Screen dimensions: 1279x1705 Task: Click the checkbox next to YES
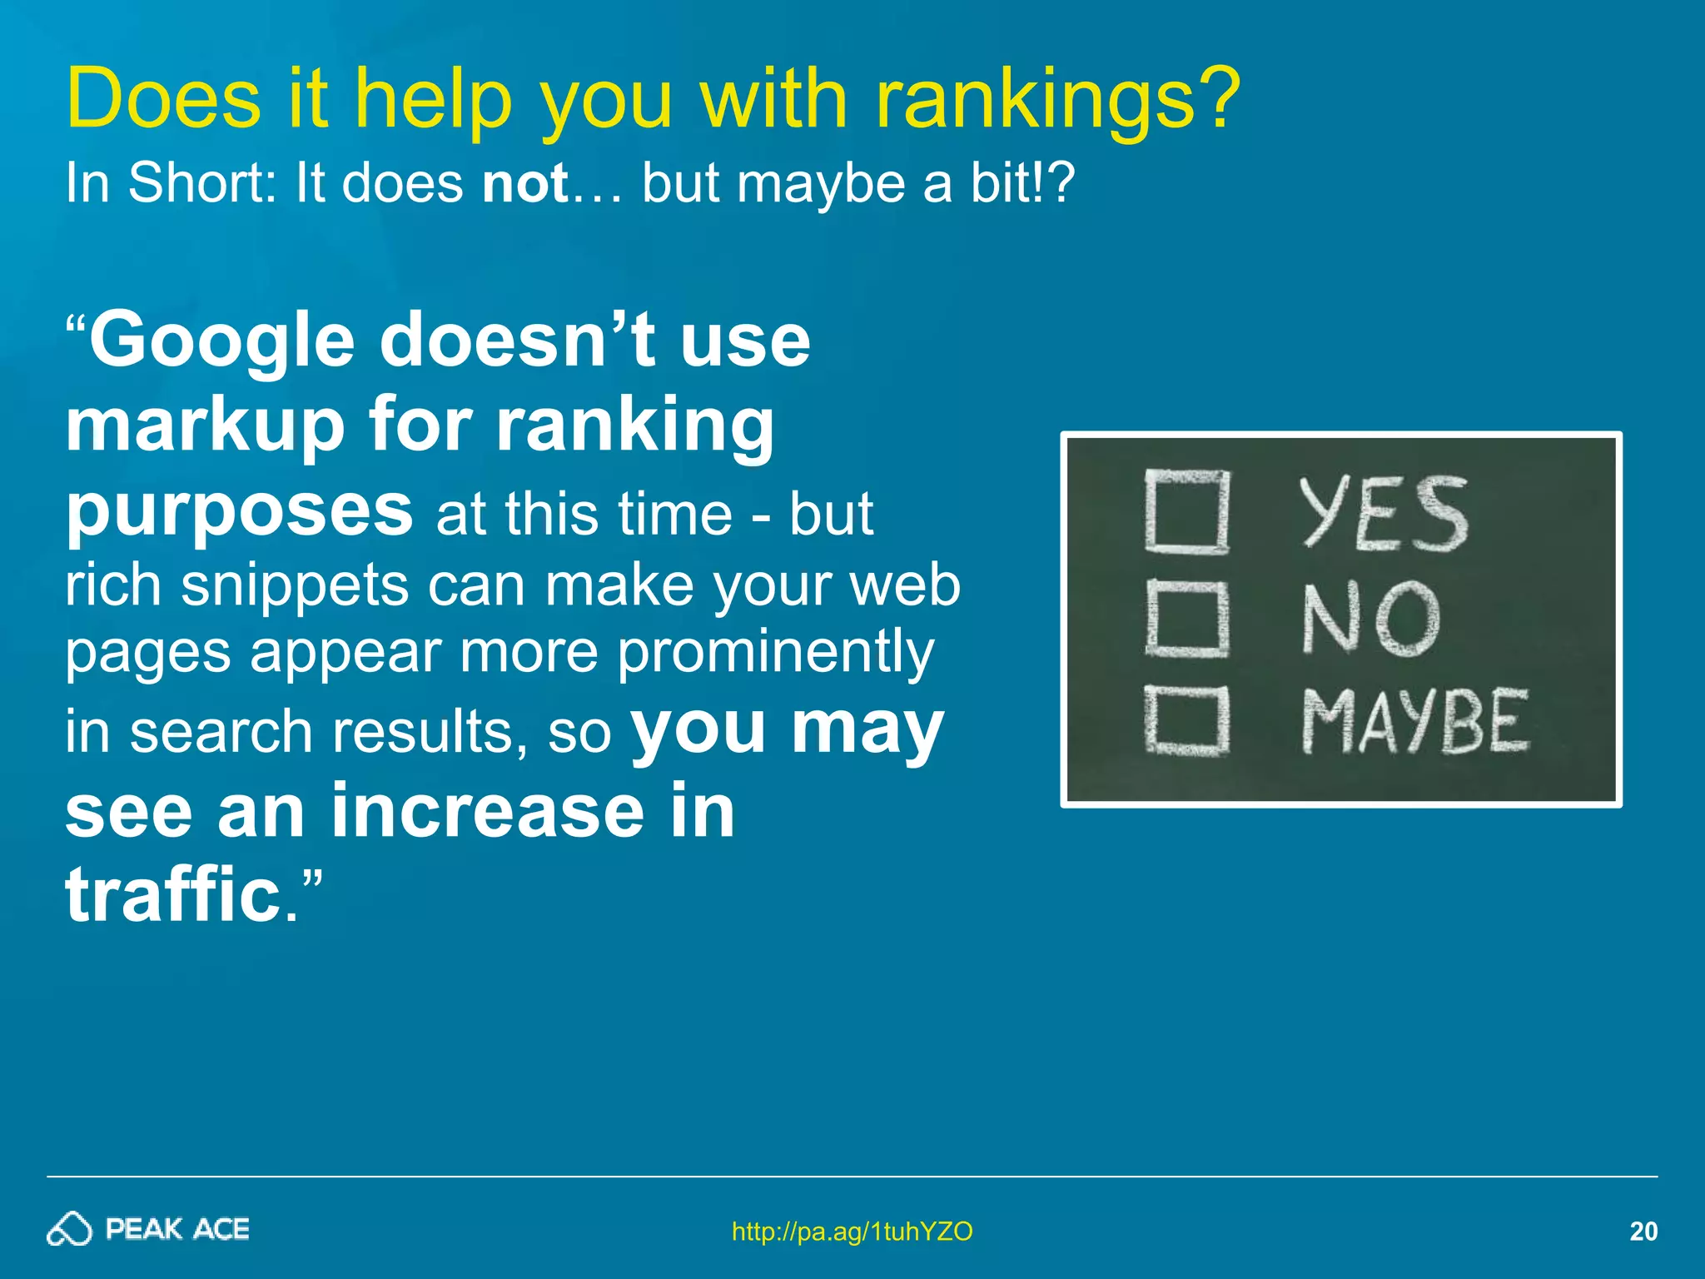1186,511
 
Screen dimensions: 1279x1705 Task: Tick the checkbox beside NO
1186,618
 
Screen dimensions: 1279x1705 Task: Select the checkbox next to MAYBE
1186,720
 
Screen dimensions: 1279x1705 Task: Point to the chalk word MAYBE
1415,721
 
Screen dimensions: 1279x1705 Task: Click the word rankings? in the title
1057,100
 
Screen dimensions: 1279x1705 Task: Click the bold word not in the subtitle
525,182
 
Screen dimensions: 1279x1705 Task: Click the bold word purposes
239,511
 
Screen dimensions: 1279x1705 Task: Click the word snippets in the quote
296,585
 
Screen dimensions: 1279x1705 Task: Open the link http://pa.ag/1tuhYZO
852,1231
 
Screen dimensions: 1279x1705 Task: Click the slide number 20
1643,1231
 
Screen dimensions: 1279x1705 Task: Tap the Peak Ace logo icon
69,1229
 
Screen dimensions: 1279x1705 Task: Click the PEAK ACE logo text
177,1229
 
